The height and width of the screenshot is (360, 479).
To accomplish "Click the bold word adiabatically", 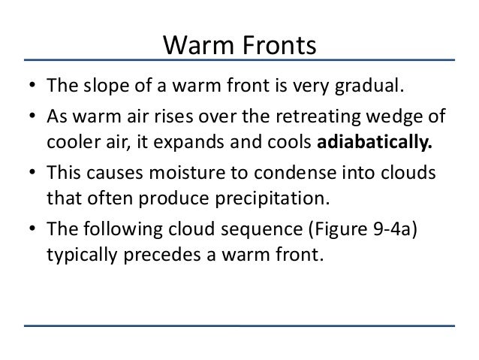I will point(380,145).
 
